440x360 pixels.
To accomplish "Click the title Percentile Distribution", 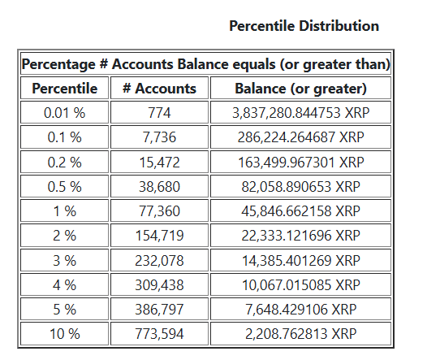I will point(304,26).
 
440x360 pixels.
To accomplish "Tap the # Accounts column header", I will point(159,89).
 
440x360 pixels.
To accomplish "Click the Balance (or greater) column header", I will point(300,89).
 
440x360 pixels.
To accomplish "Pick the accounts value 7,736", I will point(159,138).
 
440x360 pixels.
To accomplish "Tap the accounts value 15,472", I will point(159,163).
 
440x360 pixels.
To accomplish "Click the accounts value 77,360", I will point(159,211).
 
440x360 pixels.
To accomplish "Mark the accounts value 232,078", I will point(159,261).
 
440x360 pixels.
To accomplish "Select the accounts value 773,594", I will point(159,334).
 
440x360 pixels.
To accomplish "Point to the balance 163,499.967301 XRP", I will point(300,163).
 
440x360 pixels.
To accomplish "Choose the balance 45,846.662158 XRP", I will point(300,211).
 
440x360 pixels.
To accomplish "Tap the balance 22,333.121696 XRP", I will point(300,236).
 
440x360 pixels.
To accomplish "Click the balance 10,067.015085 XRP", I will point(300,285).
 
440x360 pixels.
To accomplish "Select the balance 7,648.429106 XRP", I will point(300,310).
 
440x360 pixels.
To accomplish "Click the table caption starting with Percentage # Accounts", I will point(206,64).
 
